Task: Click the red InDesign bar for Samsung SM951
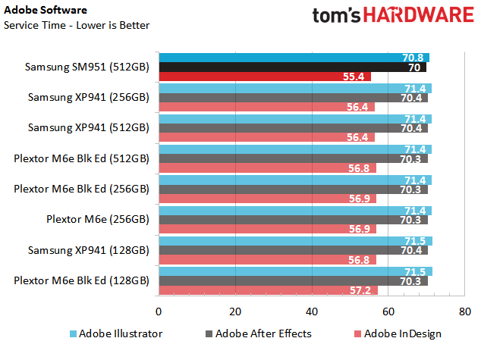point(265,77)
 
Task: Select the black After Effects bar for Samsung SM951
point(293,67)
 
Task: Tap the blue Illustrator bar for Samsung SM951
point(294,58)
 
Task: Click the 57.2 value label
point(360,290)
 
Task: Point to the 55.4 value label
point(354,77)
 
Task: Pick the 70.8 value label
point(413,58)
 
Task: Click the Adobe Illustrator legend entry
point(116,333)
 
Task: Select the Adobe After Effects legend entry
point(259,333)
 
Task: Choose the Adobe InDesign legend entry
point(398,334)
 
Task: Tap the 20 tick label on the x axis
point(235,311)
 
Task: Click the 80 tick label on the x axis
point(465,311)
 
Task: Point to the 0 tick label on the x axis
point(159,311)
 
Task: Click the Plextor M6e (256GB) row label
point(98,219)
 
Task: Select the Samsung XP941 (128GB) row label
point(89,250)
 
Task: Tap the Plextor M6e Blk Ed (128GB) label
point(82,280)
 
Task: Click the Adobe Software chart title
point(46,10)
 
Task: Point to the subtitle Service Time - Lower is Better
point(77,25)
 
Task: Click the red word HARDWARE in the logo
point(419,14)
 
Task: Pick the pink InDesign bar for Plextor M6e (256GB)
point(268,229)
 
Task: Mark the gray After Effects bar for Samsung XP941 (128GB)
point(294,250)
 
